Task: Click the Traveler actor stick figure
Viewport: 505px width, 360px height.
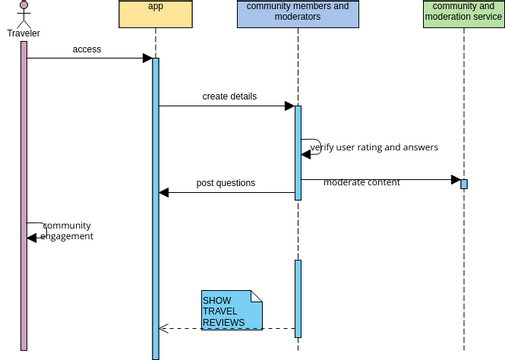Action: click(x=23, y=14)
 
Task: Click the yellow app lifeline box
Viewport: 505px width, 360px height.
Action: click(x=155, y=14)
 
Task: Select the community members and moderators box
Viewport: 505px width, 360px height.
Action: click(x=298, y=14)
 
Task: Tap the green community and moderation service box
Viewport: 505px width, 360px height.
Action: click(x=463, y=14)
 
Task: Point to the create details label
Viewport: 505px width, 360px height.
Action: click(x=229, y=97)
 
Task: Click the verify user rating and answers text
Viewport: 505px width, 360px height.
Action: click(x=375, y=147)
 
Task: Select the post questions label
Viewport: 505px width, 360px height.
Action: click(x=225, y=183)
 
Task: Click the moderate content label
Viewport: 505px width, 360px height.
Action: click(x=361, y=182)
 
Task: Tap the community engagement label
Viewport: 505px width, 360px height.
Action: click(x=68, y=231)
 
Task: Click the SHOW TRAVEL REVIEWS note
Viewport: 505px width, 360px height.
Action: click(x=231, y=311)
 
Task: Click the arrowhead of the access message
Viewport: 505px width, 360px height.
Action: click(x=146, y=58)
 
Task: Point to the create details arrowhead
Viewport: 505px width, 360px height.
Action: click(x=289, y=106)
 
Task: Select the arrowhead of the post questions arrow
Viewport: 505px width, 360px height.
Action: click(x=164, y=192)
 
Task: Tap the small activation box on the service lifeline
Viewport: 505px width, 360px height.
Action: click(x=464, y=183)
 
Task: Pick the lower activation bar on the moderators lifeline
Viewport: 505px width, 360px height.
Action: click(x=298, y=298)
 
